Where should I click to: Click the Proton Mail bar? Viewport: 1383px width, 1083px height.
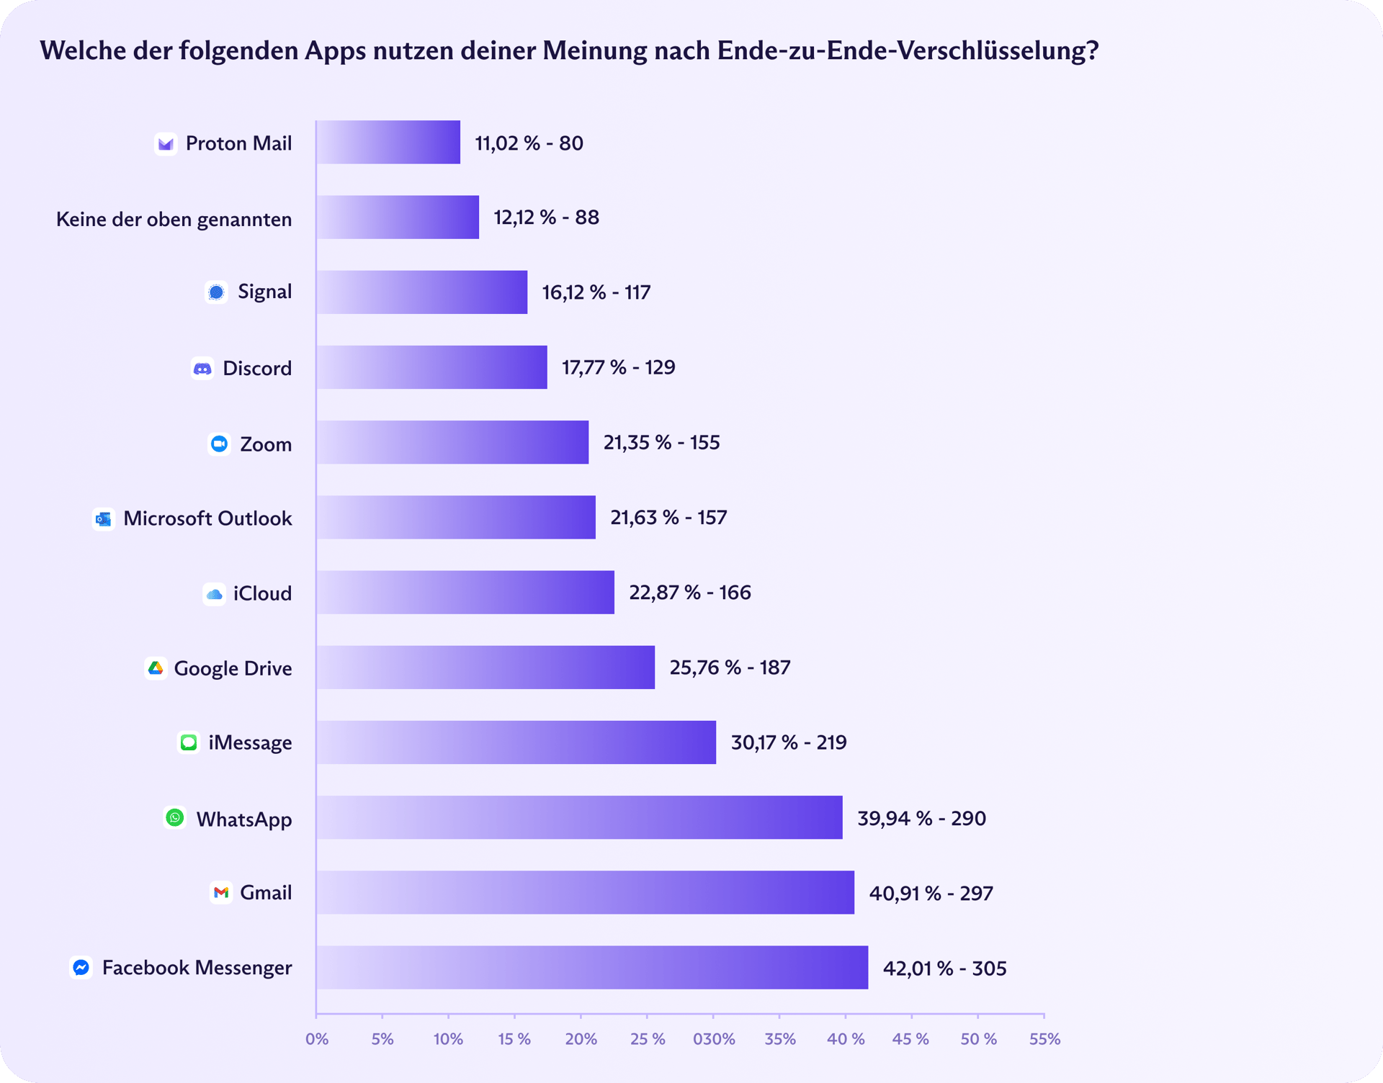pos(388,143)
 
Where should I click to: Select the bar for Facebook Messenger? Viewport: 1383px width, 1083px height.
pos(592,967)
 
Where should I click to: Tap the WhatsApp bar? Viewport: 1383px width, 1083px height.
pos(579,817)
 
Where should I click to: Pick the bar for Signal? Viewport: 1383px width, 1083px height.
pos(421,292)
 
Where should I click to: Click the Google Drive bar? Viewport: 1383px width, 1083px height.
pos(485,668)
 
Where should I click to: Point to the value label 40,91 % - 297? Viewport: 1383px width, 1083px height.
pos(931,894)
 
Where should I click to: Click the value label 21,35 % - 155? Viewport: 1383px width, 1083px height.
pos(661,443)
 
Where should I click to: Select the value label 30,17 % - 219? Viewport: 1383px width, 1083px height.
pos(789,742)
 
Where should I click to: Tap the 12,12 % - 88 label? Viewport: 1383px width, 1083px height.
pos(546,217)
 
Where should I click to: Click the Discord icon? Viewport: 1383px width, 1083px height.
pos(202,369)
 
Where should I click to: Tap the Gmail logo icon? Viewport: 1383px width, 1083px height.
pos(221,893)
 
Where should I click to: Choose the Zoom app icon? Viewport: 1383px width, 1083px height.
pos(219,444)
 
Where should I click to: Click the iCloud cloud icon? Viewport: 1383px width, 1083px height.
pos(214,594)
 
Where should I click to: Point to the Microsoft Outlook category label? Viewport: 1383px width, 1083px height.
pos(207,518)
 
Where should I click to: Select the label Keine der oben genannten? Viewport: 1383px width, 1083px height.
pos(174,219)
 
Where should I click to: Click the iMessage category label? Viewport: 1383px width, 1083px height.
pos(250,742)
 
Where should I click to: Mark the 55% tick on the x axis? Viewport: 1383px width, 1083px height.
pos(1044,1039)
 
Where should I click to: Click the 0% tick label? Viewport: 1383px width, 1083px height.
pos(317,1039)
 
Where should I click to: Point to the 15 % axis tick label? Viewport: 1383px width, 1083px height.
pos(514,1039)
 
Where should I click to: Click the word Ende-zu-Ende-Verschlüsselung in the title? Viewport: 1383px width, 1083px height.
pos(908,50)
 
